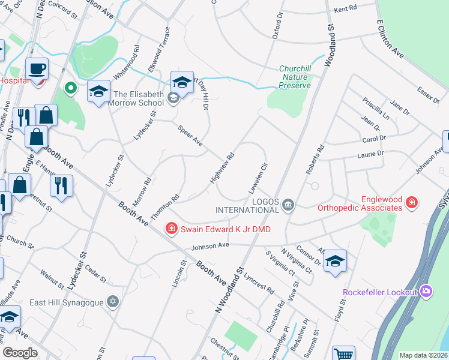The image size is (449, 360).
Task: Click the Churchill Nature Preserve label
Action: (295, 77)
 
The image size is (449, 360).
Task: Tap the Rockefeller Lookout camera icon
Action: (426, 292)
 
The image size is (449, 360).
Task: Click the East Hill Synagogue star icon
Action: (112, 301)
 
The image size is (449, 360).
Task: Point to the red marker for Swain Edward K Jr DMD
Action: (171, 229)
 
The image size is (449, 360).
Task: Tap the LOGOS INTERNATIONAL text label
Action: (247, 205)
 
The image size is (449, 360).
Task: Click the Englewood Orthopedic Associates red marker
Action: (411, 202)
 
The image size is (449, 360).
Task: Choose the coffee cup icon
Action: (37, 68)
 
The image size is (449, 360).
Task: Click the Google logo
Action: (20, 352)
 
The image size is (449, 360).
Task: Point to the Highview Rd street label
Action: (221, 169)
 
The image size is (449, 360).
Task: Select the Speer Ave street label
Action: (190, 136)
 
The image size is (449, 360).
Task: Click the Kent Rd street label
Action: (345, 8)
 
